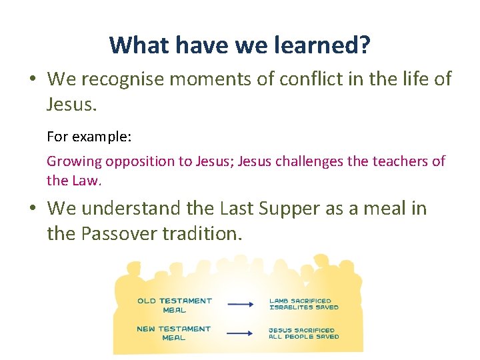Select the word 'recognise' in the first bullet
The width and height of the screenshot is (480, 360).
pos(133,79)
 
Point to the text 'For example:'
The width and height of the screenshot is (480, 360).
pos(89,137)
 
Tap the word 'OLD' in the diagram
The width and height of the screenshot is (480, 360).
pos(147,301)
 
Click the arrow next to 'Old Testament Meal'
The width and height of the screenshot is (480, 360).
pos(241,305)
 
